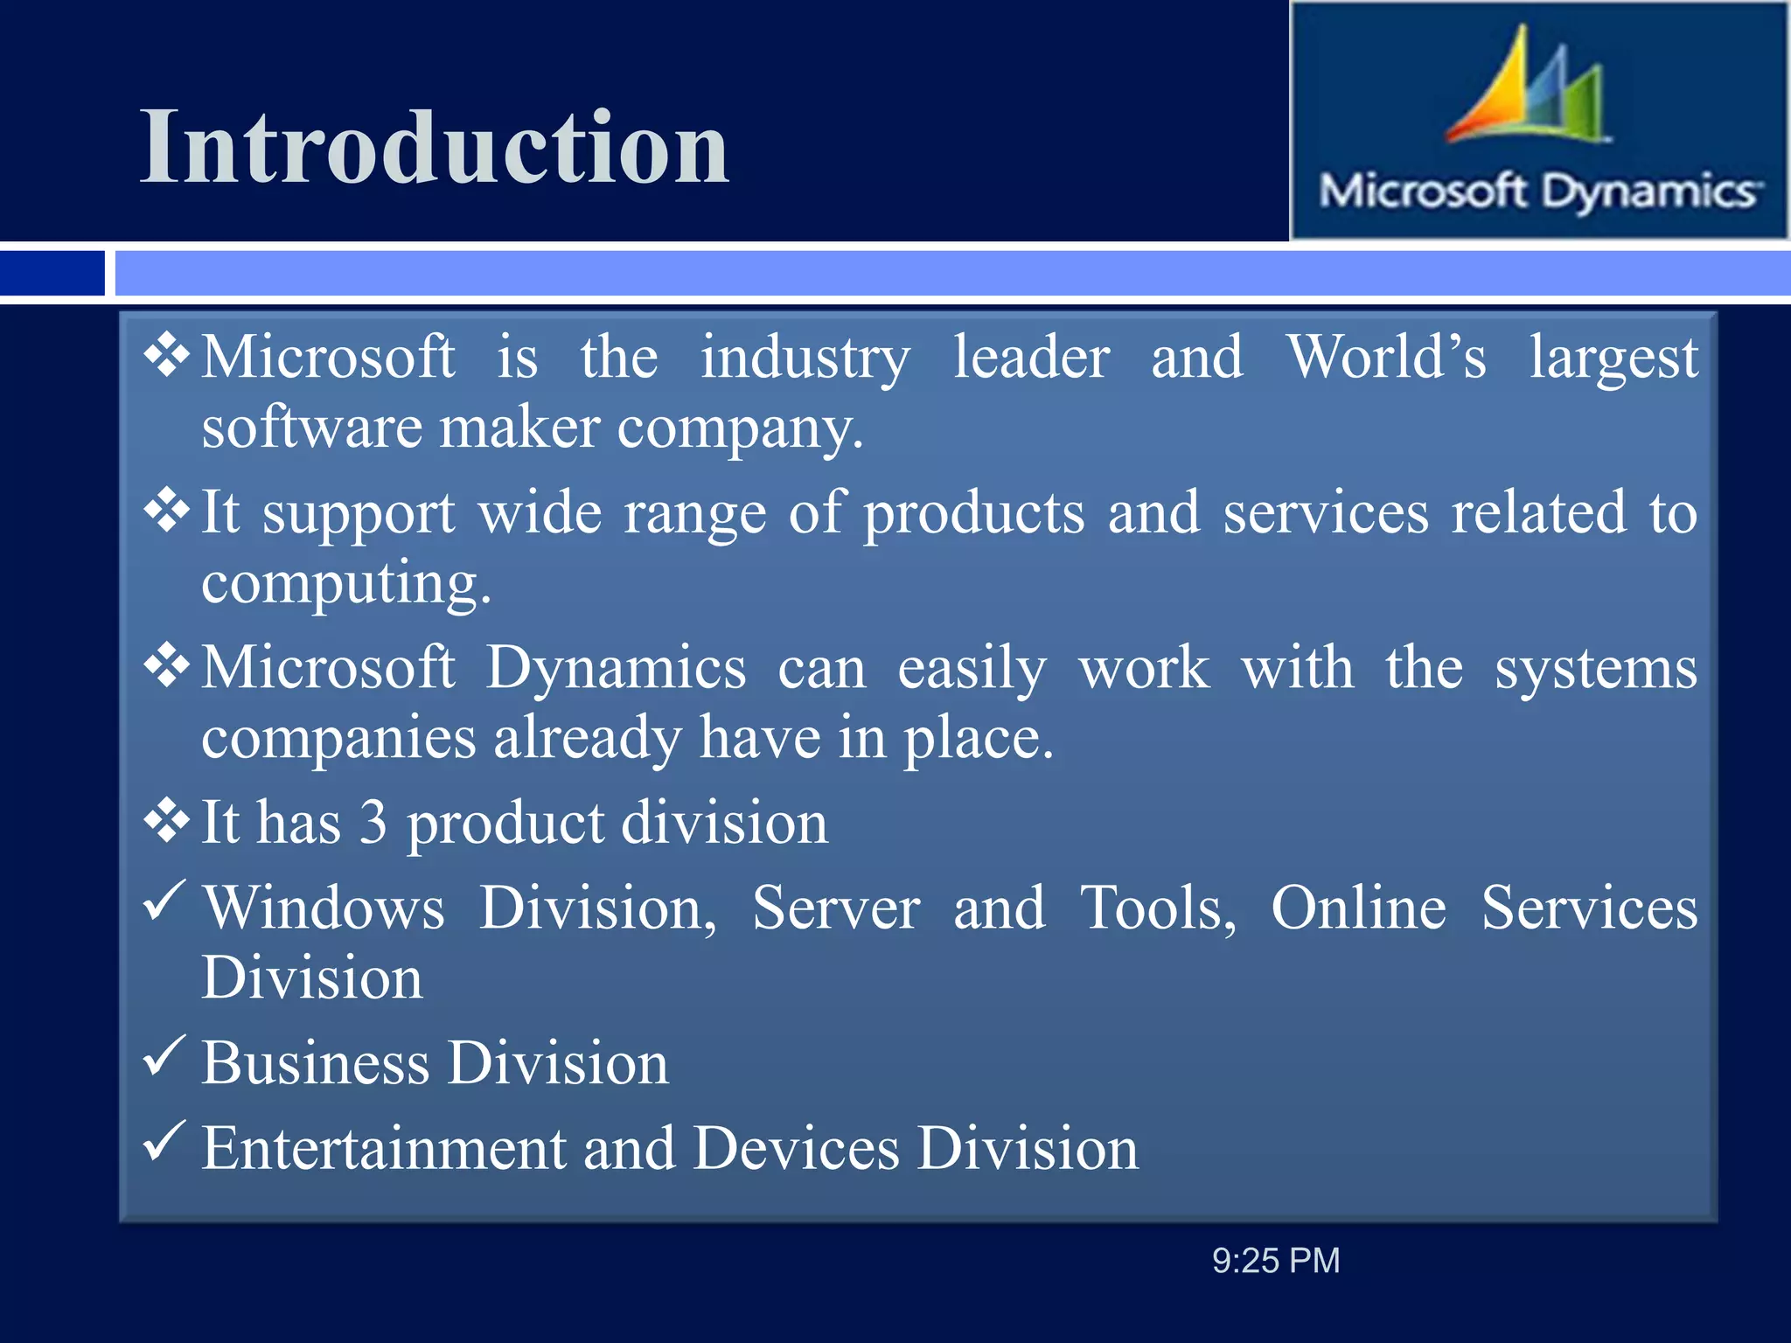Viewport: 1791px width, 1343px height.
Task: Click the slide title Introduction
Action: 435,147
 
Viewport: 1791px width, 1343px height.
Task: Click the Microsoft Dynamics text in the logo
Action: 1539,191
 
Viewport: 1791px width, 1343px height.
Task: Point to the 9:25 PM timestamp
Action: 1275,1261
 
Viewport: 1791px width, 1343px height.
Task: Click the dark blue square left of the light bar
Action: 52,273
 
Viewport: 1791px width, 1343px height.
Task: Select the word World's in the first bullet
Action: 1386,358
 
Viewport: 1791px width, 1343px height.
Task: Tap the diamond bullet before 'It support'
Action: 166,511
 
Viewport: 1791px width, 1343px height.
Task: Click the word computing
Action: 346,584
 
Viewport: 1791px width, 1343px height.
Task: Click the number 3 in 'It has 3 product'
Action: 373,823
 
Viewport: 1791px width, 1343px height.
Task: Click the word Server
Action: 835,908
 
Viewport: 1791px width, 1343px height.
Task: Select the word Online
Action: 1358,908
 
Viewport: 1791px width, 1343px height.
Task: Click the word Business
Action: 316,1064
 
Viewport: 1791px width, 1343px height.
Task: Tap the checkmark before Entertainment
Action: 163,1141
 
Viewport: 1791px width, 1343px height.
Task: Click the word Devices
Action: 796,1148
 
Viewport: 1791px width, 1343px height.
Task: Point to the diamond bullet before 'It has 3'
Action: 166,821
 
